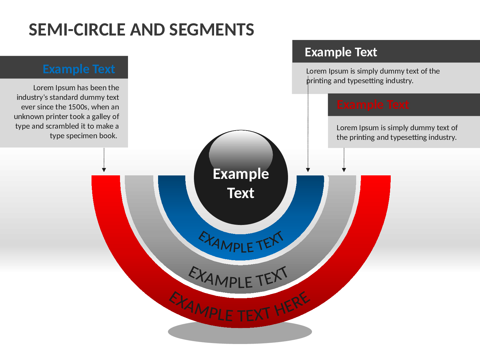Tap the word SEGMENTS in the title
[x=212, y=30]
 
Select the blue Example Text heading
[x=79, y=69]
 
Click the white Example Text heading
[x=341, y=52]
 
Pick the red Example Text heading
[x=372, y=105]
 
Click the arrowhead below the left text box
[x=104, y=170]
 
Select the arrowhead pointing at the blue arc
[x=308, y=170]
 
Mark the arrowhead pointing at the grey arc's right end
[x=344, y=170]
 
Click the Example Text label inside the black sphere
[x=241, y=183]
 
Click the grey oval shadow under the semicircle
[x=240, y=336]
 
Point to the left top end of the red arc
[x=106, y=176]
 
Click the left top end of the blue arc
[x=172, y=176]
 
